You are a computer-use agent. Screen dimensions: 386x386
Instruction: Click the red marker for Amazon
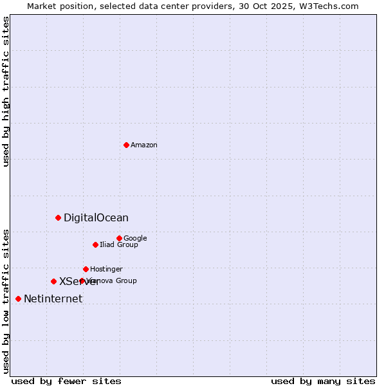pyautogui.click(x=126, y=145)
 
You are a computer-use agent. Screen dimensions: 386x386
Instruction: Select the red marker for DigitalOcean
pyautogui.click(x=58, y=217)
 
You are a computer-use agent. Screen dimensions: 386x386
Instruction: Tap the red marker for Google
pyautogui.click(x=119, y=238)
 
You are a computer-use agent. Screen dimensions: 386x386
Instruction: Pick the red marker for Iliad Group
pyautogui.click(x=95, y=244)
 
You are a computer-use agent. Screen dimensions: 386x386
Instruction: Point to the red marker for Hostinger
pyautogui.click(x=86, y=269)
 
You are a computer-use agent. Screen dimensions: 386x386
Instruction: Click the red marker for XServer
pyautogui.click(x=53, y=281)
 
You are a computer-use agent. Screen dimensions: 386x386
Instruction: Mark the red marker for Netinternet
pyautogui.click(x=18, y=299)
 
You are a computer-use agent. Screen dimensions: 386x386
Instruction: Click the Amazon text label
pyautogui.click(x=144, y=145)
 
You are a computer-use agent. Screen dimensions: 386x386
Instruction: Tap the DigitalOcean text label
pyautogui.click(x=96, y=218)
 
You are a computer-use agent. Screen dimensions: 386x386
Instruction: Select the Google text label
pyautogui.click(x=135, y=239)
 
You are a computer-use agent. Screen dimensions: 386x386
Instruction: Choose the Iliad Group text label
pyautogui.click(x=119, y=245)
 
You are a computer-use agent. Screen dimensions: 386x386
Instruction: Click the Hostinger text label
pyautogui.click(x=106, y=270)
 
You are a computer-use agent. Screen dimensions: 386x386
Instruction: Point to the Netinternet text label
pyautogui.click(x=53, y=299)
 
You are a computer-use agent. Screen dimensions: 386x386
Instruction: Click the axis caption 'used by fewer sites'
pyautogui.click(x=66, y=381)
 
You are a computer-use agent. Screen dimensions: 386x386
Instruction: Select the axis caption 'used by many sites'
pyautogui.click(x=323, y=381)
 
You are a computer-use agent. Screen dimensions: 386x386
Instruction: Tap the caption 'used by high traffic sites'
pyautogui.click(x=6, y=91)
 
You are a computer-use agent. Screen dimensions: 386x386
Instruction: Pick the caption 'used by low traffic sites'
pyautogui.click(x=6, y=300)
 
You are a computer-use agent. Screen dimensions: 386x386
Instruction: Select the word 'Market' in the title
pyautogui.click(x=42, y=6)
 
